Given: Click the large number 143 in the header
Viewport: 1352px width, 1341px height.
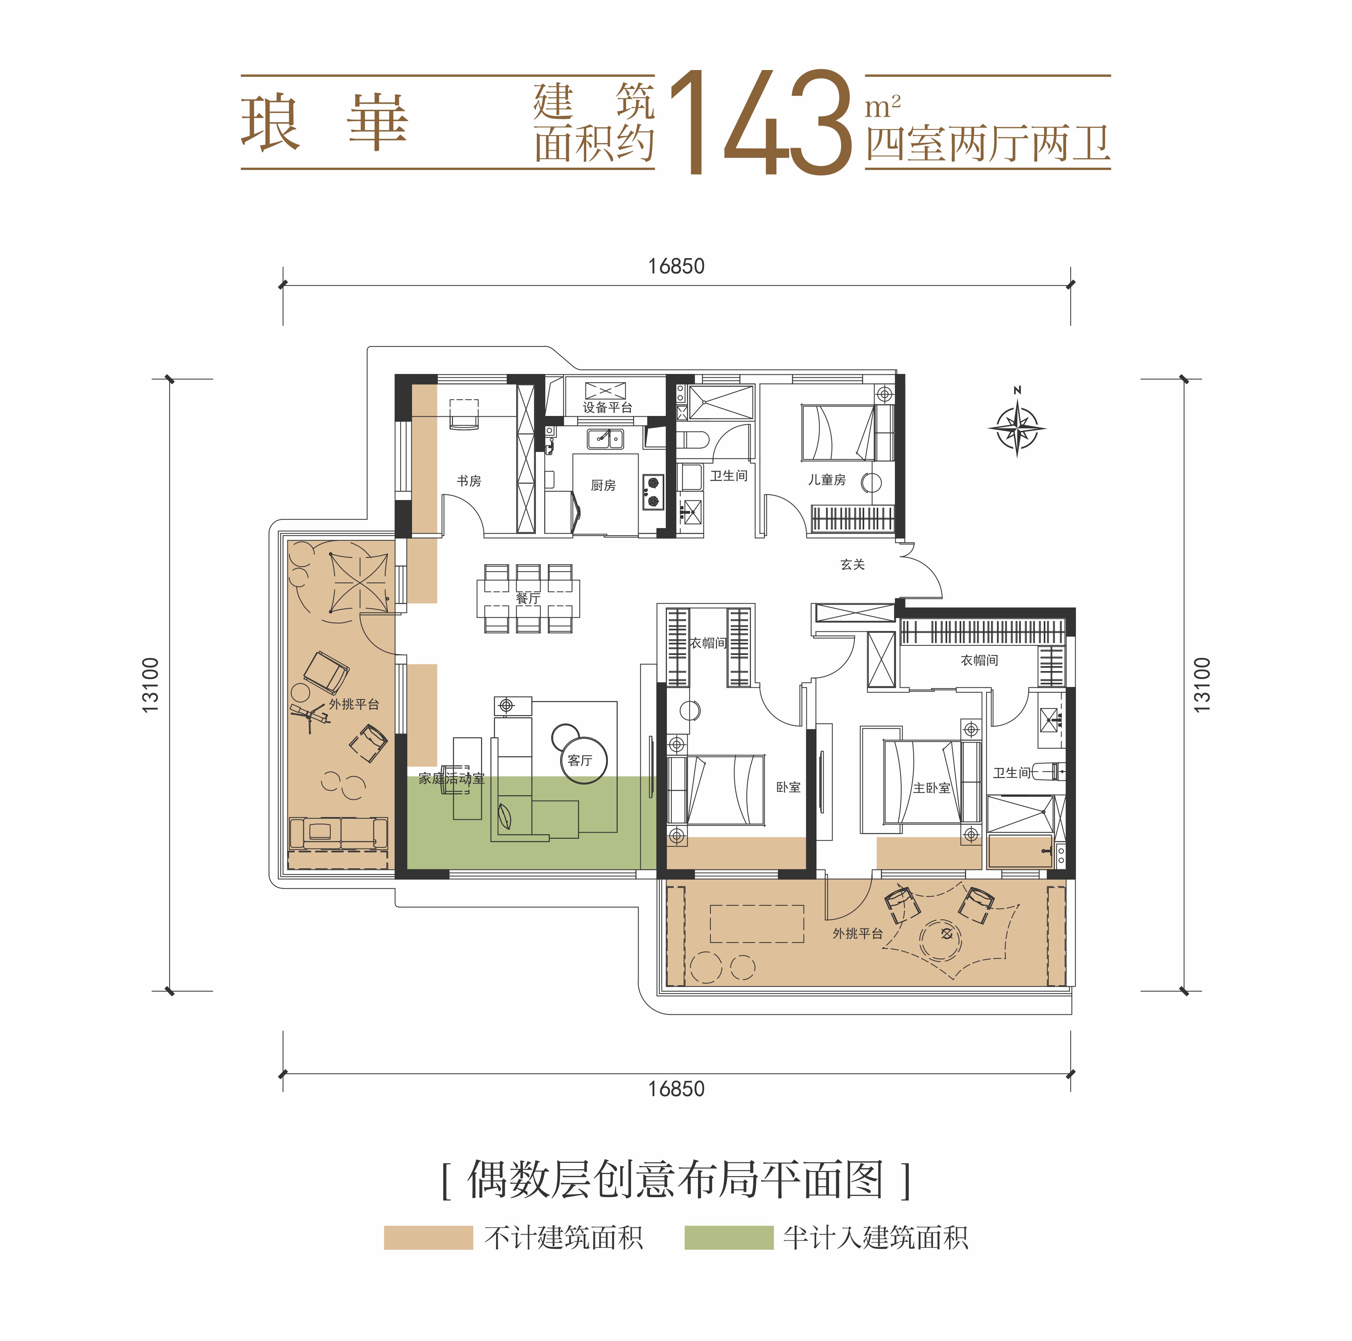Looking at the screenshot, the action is click(761, 122).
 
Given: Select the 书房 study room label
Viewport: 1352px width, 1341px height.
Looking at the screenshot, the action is click(469, 481).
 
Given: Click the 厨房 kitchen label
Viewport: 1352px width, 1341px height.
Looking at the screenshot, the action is click(603, 486).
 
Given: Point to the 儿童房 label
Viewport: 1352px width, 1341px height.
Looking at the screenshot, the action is click(827, 480).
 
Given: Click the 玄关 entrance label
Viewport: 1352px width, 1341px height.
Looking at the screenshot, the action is click(852, 564).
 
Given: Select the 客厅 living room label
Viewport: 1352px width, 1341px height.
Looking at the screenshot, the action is click(580, 760).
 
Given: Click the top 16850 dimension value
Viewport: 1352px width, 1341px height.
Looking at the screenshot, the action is click(676, 266).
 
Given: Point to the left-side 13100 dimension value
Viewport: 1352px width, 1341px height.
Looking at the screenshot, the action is click(150, 685).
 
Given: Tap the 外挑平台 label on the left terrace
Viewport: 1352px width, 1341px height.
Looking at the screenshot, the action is click(354, 704).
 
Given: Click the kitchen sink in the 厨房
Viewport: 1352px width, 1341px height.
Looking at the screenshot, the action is click(605, 439).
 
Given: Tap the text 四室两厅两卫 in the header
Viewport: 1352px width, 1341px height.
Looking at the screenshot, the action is click(988, 145).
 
